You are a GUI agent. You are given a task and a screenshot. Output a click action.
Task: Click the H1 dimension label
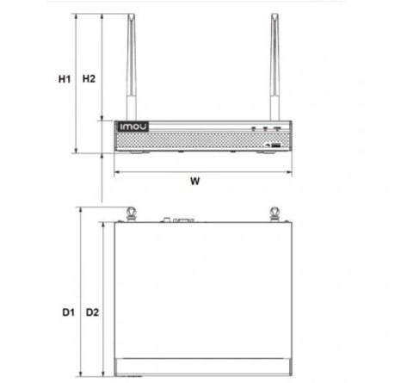[64, 79]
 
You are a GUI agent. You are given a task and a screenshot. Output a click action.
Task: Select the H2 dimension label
[88, 79]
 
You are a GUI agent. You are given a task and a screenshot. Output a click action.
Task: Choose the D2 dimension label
[93, 312]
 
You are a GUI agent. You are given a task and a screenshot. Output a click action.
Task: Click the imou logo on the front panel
[133, 127]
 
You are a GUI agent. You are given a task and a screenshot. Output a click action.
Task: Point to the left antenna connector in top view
[131, 213]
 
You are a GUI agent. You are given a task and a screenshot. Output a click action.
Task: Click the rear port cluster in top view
[182, 220]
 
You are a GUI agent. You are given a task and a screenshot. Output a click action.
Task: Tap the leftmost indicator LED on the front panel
[254, 128]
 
